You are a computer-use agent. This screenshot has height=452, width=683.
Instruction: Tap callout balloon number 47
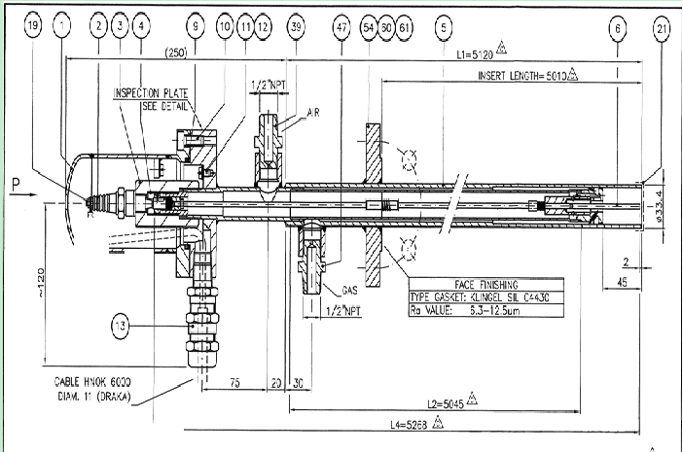point(341,29)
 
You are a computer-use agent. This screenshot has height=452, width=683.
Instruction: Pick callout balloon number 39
point(296,29)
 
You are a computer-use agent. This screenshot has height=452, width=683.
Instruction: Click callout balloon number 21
point(663,29)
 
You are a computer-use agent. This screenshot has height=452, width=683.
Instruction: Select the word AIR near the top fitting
point(314,113)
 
